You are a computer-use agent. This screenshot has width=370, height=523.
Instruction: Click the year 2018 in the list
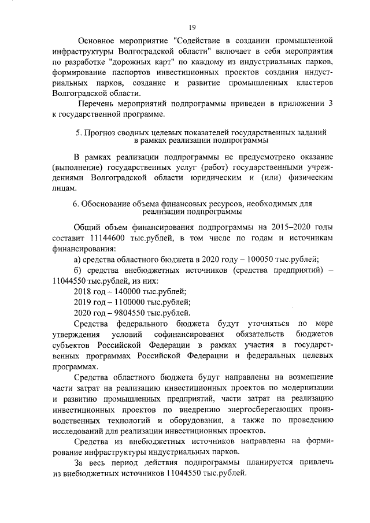point(85,292)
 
